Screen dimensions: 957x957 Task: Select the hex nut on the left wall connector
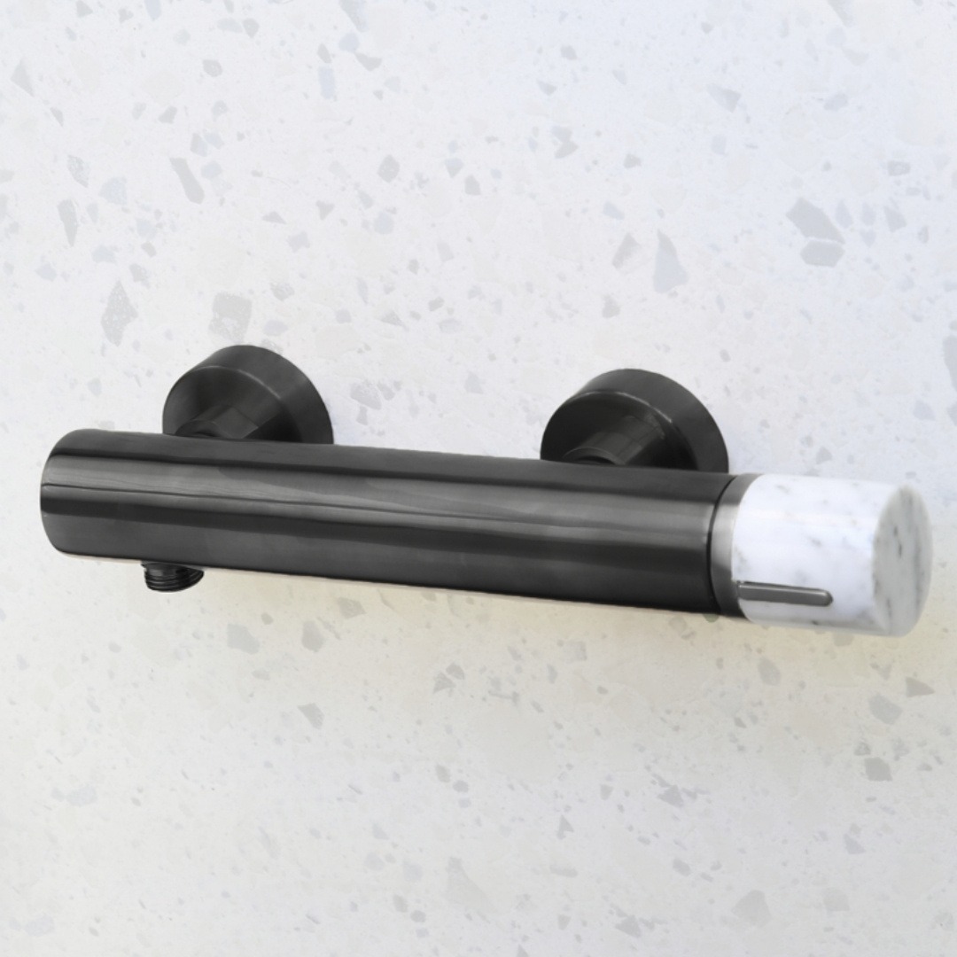(x=213, y=424)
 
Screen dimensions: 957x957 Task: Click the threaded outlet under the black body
(x=173, y=577)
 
